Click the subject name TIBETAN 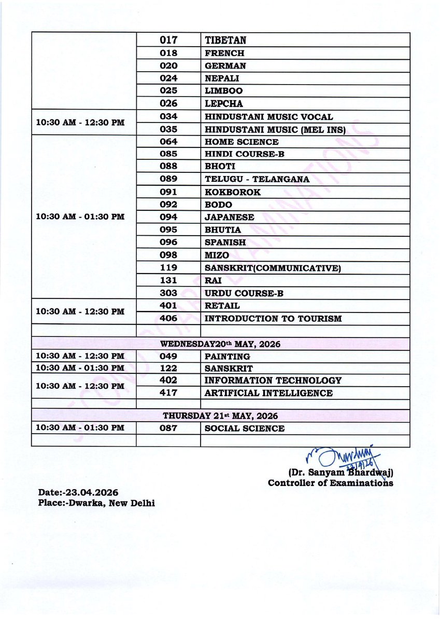coord(225,40)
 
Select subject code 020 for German coord(168,66)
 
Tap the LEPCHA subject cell coord(224,104)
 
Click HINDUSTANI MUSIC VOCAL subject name coord(268,117)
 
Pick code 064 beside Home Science coord(168,142)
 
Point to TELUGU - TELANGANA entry coord(257,179)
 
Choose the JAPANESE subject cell coord(230,218)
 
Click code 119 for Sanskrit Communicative coord(168,268)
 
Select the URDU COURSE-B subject coord(244,293)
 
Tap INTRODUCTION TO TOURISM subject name coord(273,319)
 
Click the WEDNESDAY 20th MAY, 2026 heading coord(220,344)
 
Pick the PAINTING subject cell coord(228,357)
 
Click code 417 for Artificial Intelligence coord(168,393)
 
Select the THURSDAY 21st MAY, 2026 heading coord(220,416)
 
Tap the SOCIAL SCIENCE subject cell coord(245,428)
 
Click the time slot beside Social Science coord(80,428)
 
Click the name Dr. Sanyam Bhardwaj coord(340,473)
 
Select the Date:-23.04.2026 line coord(78,492)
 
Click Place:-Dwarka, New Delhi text coord(96,503)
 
